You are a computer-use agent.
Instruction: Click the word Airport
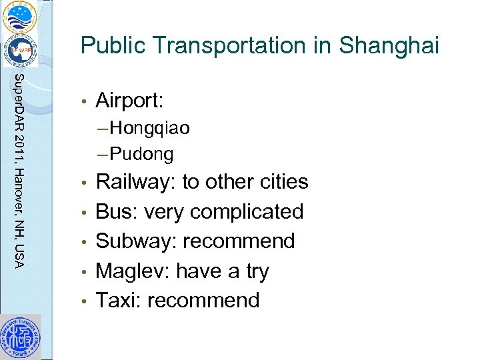tap(129, 101)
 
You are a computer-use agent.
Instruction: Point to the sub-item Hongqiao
tap(149, 127)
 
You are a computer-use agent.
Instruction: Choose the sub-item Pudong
tap(141, 155)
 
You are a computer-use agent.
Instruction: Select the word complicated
tap(246, 212)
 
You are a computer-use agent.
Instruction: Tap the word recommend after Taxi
tap(203, 300)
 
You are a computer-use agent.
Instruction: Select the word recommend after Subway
tap(239, 241)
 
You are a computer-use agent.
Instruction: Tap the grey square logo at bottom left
tap(21, 337)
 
